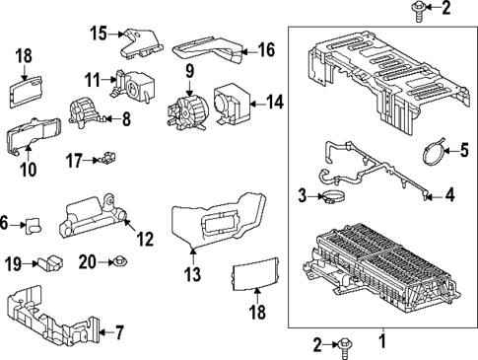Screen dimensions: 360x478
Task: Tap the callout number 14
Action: pyautogui.click(x=275, y=102)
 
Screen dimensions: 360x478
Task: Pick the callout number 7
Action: pyautogui.click(x=119, y=332)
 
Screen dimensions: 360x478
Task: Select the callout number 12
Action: pyautogui.click(x=145, y=238)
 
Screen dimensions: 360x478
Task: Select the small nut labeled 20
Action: pyautogui.click(x=119, y=261)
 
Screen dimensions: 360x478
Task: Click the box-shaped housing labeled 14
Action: pyautogui.click(x=235, y=101)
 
